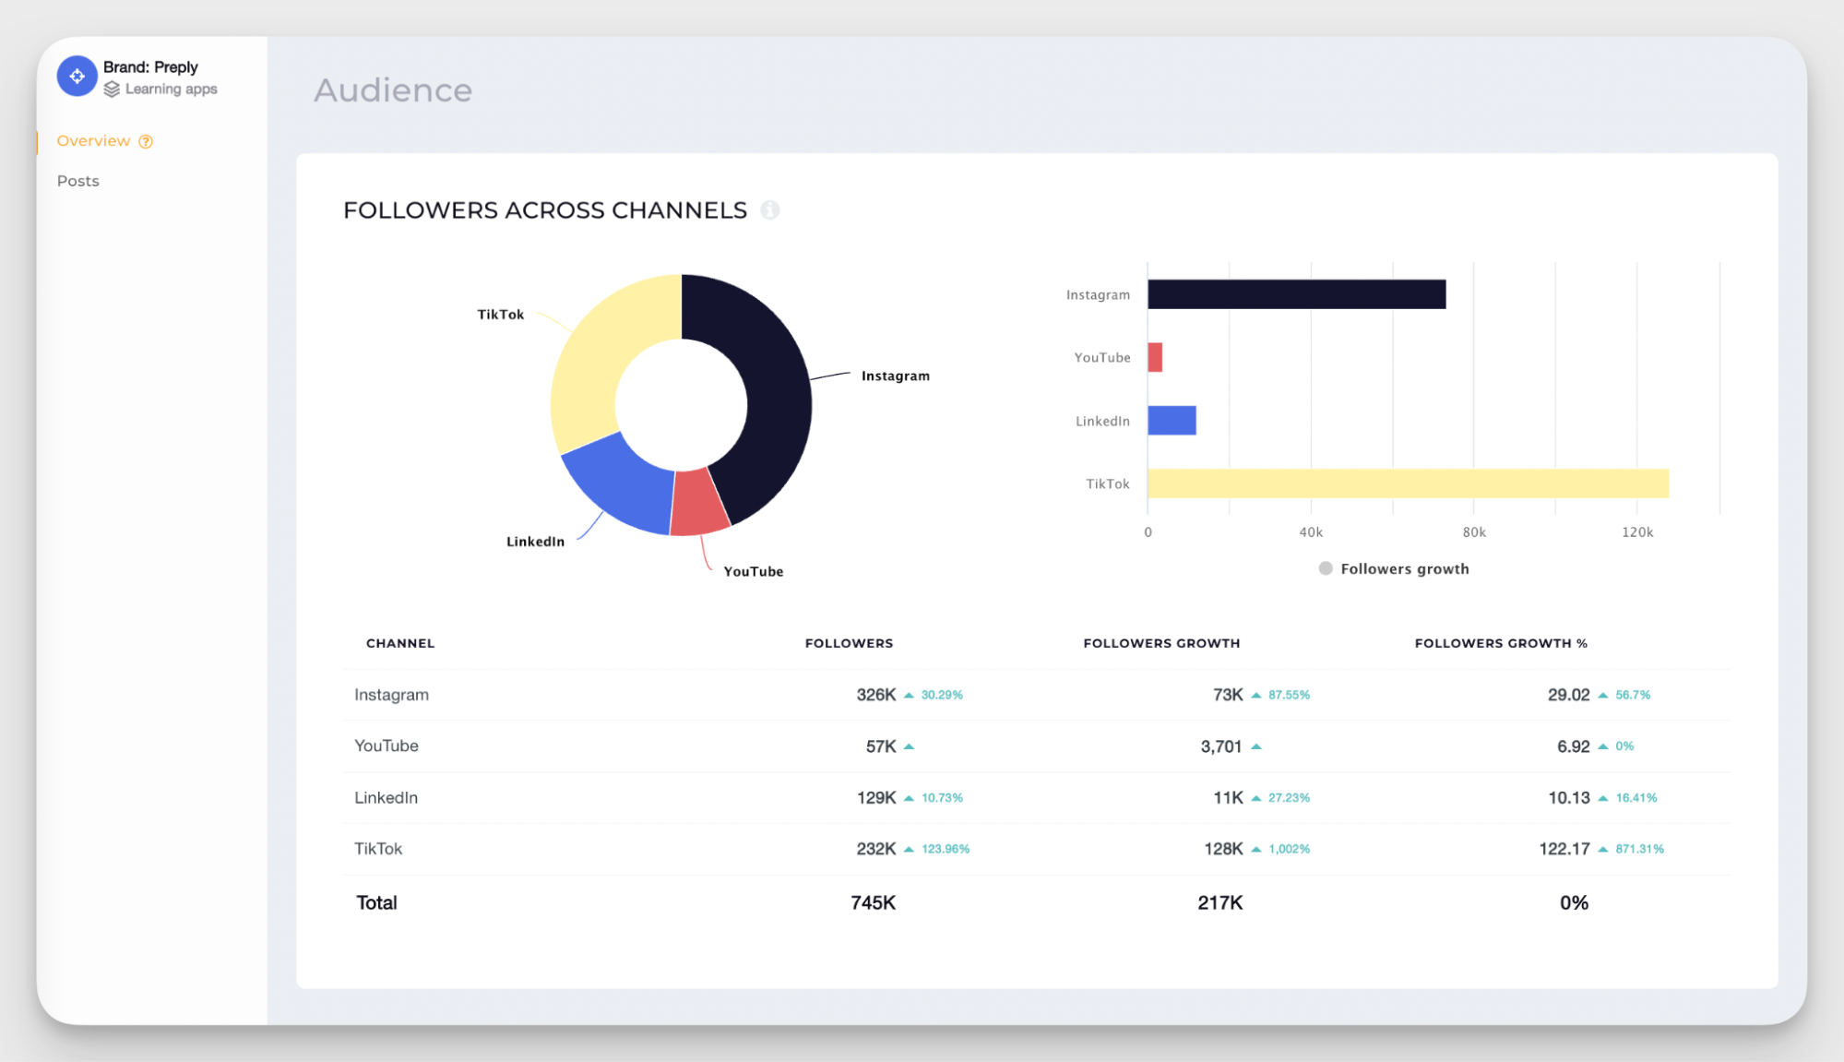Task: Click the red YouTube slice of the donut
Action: (698, 504)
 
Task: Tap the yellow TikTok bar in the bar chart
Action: (1407, 483)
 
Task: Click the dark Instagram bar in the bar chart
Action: (1296, 294)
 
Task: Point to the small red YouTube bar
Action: (1155, 357)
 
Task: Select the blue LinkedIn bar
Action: (1172, 421)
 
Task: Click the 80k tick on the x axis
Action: (1473, 532)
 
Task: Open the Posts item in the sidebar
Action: (77, 181)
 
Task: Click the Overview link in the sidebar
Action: (93, 141)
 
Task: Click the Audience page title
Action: (393, 90)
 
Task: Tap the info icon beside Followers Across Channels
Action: (769, 210)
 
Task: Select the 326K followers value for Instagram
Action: (875, 695)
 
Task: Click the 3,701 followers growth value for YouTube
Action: (1220, 746)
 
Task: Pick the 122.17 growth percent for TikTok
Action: (1564, 849)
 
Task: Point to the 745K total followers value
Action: (873, 903)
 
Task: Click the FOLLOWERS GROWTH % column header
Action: (1500, 643)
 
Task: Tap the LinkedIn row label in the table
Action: (386, 798)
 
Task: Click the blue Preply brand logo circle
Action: (77, 77)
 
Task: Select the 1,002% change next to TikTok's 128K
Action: (1289, 849)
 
